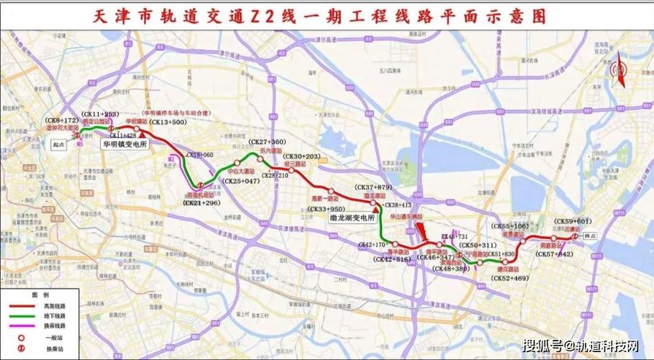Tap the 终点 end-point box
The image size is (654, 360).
(x=591, y=235)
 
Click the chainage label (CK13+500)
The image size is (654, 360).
(x=168, y=123)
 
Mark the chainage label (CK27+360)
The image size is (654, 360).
(x=266, y=142)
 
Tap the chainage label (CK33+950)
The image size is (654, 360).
(x=325, y=209)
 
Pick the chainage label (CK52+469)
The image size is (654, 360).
(x=510, y=278)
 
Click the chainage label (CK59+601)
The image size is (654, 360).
(x=573, y=221)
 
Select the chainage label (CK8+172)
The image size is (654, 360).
(x=62, y=120)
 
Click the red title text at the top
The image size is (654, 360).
(x=326, y=15)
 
